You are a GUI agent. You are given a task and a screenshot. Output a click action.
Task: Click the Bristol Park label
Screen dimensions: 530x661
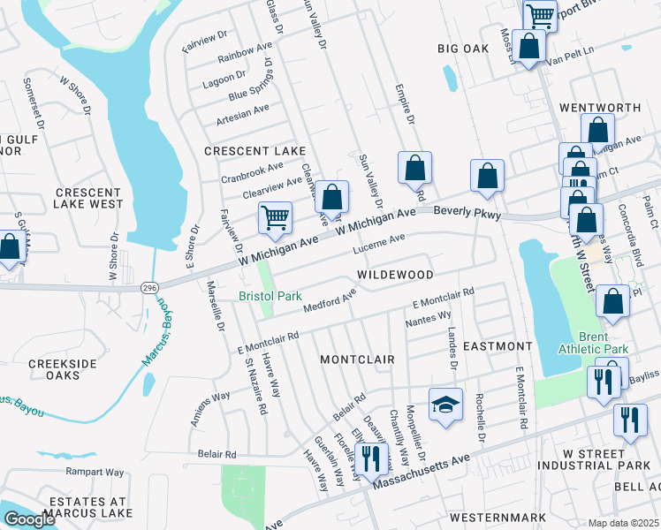(x=270, y=297)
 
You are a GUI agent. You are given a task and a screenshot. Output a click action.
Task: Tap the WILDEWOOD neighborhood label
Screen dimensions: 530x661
(x=395, y=276)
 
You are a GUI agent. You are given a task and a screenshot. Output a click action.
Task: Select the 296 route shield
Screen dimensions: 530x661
(x=148, y=287)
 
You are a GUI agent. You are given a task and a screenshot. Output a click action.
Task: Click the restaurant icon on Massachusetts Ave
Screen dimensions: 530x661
(x=370, y=457)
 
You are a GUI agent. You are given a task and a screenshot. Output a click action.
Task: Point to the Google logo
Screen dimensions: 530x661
(x=29, y=519)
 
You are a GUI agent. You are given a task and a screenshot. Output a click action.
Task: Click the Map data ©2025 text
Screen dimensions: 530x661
(x=623, y=523)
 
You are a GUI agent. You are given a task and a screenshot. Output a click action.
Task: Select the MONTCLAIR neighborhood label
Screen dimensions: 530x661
(x=355, y=360)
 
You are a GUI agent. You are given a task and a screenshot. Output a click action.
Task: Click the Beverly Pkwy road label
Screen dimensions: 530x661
(x=468, y=214)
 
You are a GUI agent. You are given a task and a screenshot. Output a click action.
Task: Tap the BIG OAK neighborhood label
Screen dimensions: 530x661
(x=464, y=49)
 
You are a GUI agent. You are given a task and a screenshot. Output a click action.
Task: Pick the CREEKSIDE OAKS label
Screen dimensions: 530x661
(x=62, y=369)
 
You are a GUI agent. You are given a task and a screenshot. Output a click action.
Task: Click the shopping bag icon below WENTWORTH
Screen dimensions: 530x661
(x=598, y=131)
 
